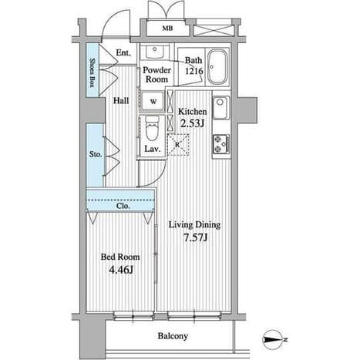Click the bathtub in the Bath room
point(217,67)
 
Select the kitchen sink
point(220,108)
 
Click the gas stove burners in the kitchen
point(220,144)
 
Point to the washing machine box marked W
point(153,102)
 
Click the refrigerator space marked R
point(178,145)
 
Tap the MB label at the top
point(167,29)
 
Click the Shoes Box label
point(92,72)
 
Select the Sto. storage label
point(96,154)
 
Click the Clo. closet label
point(123,206)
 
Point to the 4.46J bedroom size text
point(120,270)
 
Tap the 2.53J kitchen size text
point(192,123)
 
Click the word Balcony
point(173,336)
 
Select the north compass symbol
point(274,340)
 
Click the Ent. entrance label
point(123,53)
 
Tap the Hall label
point(121,101)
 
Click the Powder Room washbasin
point(154,52)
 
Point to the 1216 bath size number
point(194,71)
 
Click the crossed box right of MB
point(214,30)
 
